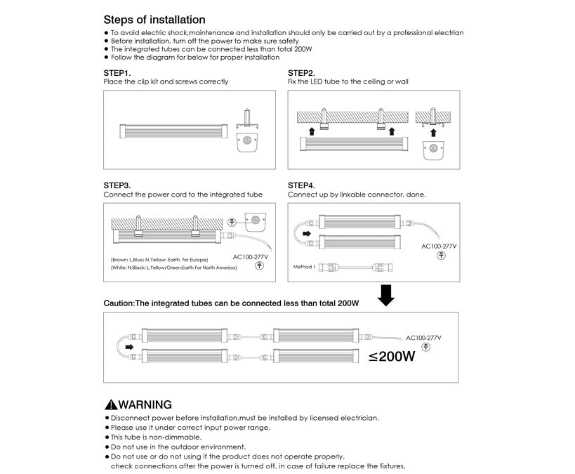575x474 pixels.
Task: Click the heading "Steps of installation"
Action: click(154, 20)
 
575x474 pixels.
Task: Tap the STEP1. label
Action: click(117, 73)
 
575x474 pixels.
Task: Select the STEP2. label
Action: click(301, 73)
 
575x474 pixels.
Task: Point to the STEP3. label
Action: click(117, 185)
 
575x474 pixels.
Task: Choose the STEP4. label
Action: click(301, 185)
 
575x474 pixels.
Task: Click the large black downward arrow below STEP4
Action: click(385, 295)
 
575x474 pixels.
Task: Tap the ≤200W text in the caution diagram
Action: click(392, 357)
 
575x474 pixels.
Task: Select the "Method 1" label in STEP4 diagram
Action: click(304, 267)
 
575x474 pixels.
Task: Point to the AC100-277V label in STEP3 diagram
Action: click(251, 257)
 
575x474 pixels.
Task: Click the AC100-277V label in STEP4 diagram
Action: click(439, 246)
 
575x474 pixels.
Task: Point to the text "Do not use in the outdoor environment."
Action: click(178, 447)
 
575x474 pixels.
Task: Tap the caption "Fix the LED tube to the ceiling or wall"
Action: click(348, 82)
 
